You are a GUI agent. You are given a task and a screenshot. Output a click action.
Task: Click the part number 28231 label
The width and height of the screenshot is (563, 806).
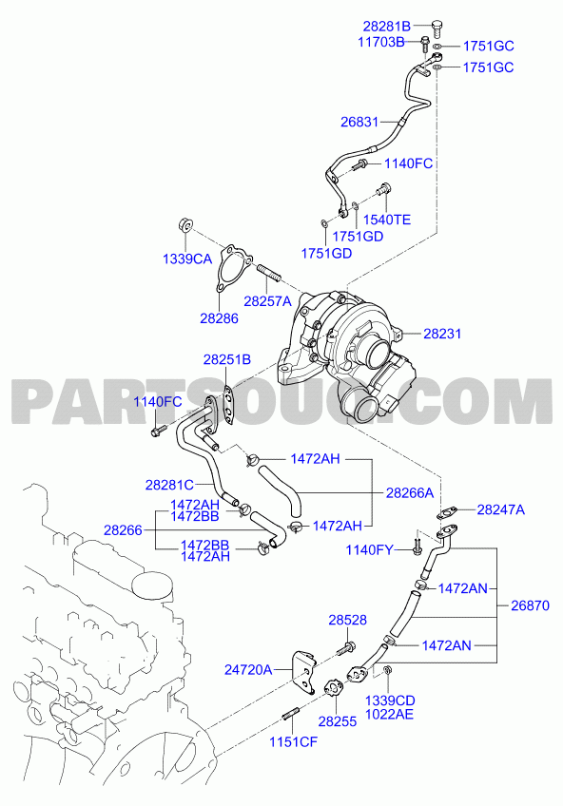tap(442, 334)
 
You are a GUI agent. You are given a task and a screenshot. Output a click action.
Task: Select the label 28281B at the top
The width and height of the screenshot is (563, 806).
tap(387, 26)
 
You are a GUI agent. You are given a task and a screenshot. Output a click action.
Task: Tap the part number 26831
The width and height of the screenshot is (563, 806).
tap(359, 122)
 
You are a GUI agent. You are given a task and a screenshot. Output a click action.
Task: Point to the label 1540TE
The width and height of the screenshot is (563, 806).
tap(387, 220)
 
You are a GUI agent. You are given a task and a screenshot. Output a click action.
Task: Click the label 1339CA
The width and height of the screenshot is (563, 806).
tap(187, 259)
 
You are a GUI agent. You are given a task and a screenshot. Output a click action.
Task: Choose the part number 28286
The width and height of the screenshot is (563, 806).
tap(219, 318)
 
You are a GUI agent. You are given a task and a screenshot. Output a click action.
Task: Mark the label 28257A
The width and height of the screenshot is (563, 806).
tap(267, 300)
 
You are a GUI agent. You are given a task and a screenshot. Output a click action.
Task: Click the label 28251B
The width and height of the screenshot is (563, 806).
tap(226, 359)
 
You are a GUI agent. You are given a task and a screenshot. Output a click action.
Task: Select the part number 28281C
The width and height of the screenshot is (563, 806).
tap(169, 484)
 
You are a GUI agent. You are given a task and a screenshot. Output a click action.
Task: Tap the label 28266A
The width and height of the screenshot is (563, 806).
tap(410, 493)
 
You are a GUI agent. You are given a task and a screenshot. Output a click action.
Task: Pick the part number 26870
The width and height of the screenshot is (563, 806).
tap(530, 605)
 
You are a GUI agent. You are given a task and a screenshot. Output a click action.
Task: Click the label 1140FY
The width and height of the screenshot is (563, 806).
tap(369, 550)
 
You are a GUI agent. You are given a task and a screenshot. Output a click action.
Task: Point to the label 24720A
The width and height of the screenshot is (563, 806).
tap(248, 670)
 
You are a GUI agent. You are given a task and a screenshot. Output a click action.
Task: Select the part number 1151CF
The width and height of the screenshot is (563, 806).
tap(294, 741)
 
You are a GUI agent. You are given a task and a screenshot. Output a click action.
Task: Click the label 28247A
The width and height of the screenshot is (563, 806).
tap(501, 509)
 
